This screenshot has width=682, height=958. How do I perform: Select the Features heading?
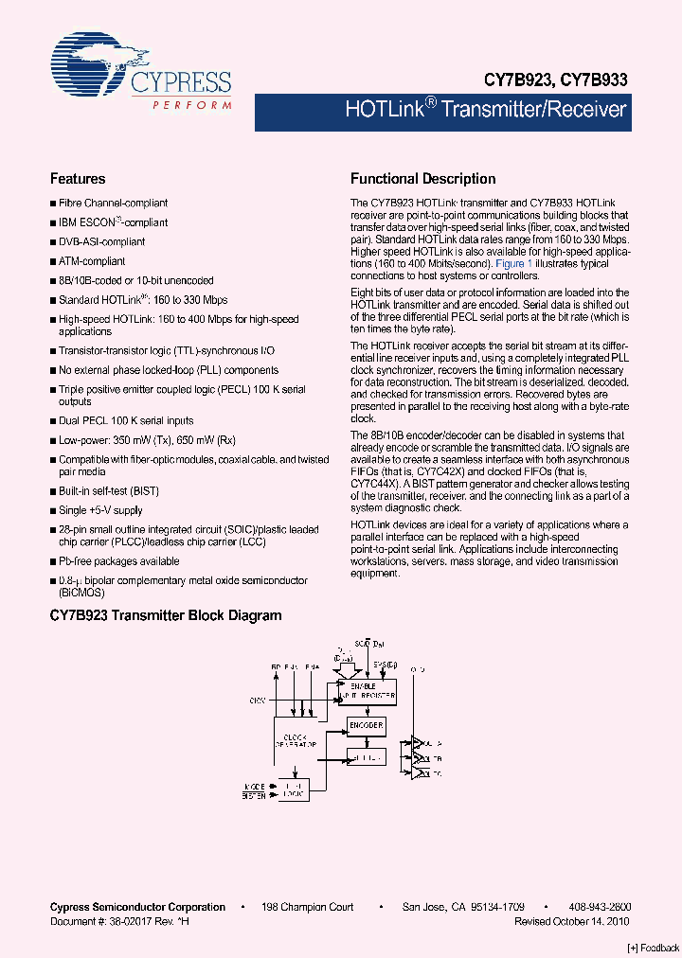click(78, 179)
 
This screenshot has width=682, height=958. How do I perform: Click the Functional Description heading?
click(422, 179)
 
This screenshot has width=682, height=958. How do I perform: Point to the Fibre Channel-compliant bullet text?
click(113, 203)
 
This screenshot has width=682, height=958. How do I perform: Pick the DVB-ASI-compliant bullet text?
click(101, 241)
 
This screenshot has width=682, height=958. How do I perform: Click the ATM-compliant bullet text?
click(92, 261)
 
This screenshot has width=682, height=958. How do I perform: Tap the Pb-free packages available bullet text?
click(118, 561)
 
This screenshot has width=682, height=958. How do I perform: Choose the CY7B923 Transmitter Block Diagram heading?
click(166, 615)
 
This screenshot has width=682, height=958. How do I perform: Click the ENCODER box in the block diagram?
click(366, 725)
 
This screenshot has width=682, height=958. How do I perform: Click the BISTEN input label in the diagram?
click(253, 797)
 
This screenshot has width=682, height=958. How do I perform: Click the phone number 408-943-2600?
click(601, 907)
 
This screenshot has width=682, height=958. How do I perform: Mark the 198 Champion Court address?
click(308, 907)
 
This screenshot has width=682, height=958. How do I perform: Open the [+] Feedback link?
click(654, 948)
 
